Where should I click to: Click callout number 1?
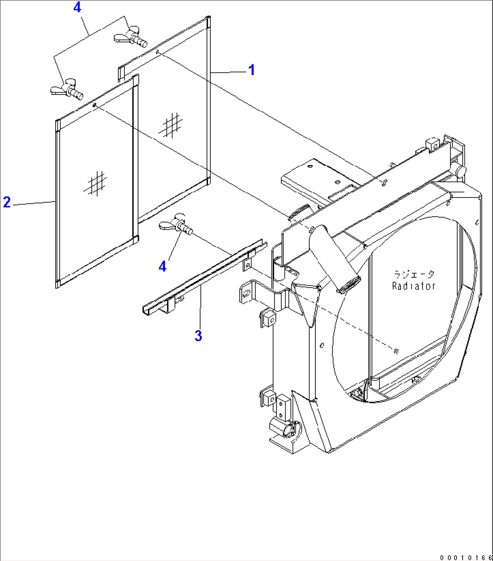click(251, 70)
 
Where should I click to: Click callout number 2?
click(7, 202)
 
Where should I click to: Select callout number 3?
click(198, 335)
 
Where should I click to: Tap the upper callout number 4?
click(77, 7)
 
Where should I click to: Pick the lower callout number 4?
click(162, 266)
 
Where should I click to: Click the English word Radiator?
click(413, 286)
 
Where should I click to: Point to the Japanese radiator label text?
click(414, 274)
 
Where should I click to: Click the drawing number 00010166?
click(466, 557)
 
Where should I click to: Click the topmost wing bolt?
click(130, 36)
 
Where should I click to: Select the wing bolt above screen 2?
click(66, 90)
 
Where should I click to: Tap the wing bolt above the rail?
click(175, 224)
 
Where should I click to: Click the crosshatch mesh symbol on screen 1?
click(171, 125)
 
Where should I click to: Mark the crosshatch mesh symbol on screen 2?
click(95, 183)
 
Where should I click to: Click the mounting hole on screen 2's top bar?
click(95, 105)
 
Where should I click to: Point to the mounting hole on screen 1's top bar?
click(157, 52)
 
